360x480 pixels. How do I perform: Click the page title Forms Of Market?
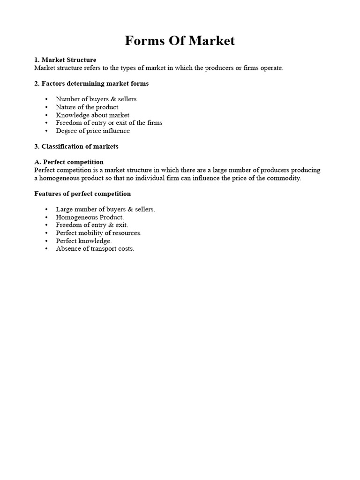(180, 41)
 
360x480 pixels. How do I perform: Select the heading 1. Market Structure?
(65, 60)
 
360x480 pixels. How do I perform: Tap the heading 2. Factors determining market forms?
(91, 83)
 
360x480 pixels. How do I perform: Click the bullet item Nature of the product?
(87, 107)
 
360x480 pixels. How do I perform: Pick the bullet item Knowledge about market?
(92, 115)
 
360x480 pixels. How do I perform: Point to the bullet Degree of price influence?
(93, 131)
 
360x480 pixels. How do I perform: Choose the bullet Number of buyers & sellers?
(96, 99)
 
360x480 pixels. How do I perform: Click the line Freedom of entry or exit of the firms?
(109, 123)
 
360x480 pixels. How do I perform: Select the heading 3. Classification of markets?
(76, 146)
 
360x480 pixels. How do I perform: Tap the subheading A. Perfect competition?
(69, 162)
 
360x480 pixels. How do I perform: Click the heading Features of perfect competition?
(82, 194)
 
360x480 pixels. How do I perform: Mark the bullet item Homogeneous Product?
(90, 217)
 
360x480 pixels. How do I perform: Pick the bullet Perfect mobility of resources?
(98, 233)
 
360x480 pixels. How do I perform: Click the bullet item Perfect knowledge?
(83, 241)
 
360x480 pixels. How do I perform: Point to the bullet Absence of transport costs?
(95, 249)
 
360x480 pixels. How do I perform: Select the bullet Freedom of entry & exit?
(92, 225)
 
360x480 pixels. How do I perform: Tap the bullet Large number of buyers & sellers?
(105, 209)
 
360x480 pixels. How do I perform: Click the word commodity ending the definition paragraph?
(284, 178)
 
